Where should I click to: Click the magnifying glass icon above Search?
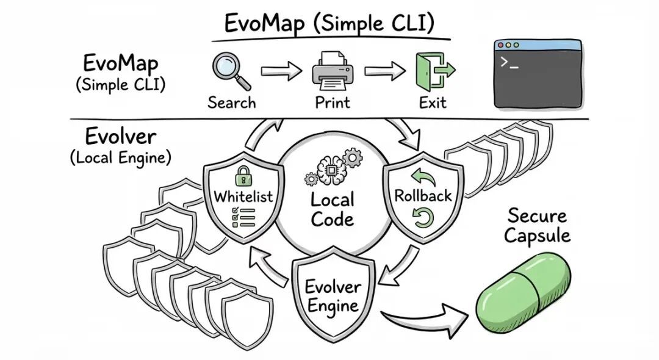click(231, 70)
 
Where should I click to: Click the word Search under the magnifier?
click(231, 102)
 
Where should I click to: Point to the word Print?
click(333, 102)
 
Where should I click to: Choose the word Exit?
click(433, 102)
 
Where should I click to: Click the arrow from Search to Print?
click(281, 72)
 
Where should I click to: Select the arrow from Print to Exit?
click(384, 72)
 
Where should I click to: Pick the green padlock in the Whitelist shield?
click(243, 176)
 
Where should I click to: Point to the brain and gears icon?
click(332, 168)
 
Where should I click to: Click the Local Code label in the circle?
click(332, 209)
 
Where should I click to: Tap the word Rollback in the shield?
click(423, 196)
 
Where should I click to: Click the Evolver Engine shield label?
click(333, 296)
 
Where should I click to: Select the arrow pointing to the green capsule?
click(427, 320)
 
